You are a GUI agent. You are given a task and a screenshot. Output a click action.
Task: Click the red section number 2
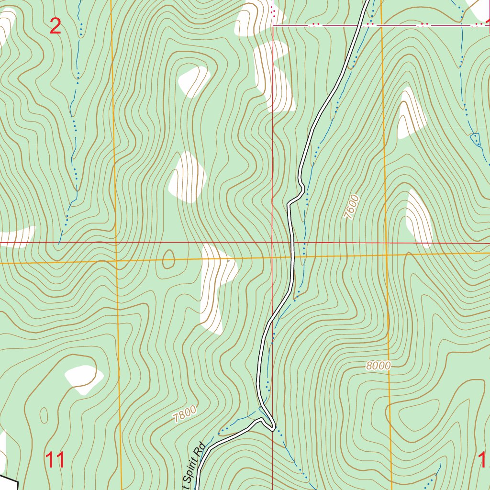coord(56,26)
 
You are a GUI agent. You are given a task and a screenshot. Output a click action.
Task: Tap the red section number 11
coord(56,460)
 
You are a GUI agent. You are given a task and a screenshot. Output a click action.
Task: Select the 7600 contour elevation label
coord(351,207)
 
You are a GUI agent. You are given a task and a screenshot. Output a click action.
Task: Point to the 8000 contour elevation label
coord(379,366)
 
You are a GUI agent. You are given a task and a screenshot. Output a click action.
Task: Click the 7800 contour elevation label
coord(185,413)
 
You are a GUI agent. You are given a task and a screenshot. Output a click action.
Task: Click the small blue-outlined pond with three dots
coord(476,139)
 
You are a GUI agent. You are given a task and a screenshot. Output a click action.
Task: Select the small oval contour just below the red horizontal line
coord(168,259)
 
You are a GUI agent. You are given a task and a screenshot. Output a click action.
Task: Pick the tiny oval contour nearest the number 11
coord(44,415)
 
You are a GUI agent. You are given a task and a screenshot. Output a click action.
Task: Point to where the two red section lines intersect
coord(272,243)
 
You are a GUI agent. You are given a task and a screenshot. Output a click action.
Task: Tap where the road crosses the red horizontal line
coord(291,243)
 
